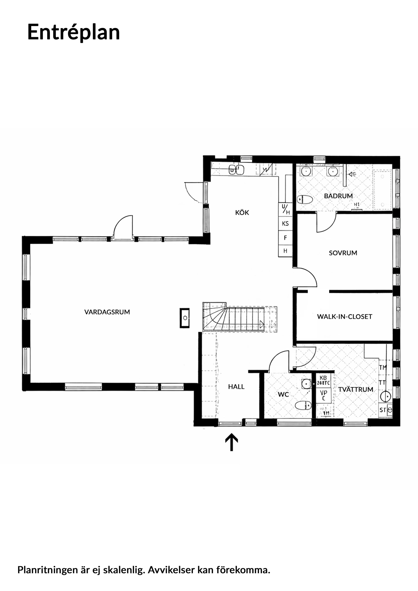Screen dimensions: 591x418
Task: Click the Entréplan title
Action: [73, 32]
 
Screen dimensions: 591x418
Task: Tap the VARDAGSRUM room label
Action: [107, 312]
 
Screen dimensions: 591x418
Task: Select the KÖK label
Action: [242, 213]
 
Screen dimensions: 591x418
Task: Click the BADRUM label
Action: [338, 196]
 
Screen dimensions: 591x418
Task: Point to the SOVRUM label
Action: [343, 253]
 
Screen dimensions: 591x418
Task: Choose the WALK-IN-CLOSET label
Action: [345, 317]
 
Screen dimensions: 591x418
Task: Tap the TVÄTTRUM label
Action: [356, 390]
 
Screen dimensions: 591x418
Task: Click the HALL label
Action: [236, 387]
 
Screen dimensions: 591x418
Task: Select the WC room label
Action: [283, 394]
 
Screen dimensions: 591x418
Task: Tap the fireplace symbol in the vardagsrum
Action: [185, 318]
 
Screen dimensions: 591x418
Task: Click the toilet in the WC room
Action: [303, 405]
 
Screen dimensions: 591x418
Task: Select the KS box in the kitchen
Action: [285, 224]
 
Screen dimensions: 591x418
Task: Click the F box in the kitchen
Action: [285, 238]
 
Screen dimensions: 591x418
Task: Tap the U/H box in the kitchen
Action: [285, 210]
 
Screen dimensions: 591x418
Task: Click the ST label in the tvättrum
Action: [383, 410]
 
